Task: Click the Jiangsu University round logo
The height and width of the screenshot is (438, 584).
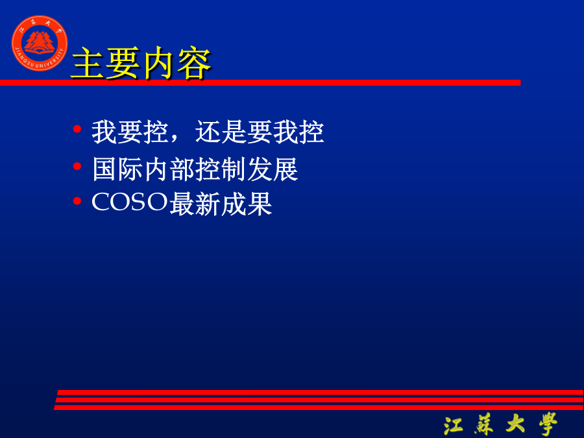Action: pos(40,43)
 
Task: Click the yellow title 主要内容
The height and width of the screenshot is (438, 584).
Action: pos(141,63)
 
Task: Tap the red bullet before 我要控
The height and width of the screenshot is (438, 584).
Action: pos(77,129)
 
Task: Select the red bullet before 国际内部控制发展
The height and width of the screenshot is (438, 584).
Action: pos(77,166)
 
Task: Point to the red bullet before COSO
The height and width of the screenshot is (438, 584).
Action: pos(77,201)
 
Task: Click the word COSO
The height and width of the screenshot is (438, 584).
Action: pos(130,202)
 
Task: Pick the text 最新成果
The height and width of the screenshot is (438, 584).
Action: pos(221,204)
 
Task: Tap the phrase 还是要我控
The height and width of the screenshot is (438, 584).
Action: pos(260,132)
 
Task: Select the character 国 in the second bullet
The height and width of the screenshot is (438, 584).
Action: pos(104,169)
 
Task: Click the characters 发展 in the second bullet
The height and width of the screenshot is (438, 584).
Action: pos(273,169)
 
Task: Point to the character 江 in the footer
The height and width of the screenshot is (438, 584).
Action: pos(454,424)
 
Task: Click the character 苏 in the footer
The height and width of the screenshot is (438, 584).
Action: pos(484,424)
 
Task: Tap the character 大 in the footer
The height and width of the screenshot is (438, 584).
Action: pos(515,424)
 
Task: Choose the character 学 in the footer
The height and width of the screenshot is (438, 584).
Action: pos(548,424)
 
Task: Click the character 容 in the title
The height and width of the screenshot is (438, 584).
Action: pos(195,64)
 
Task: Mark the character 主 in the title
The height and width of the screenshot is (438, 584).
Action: pos(88,64)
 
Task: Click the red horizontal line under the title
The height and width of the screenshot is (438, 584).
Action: pos(260,82)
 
